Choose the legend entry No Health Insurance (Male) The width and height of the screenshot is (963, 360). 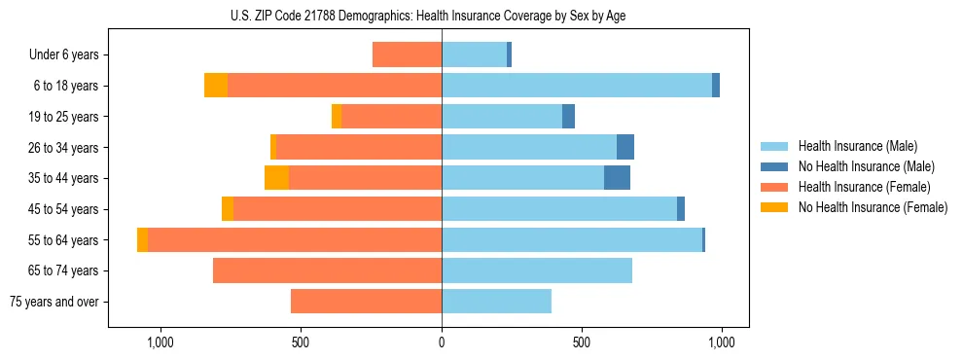866,166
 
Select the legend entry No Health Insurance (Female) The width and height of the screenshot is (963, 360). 872,207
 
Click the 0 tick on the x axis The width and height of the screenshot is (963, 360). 442,342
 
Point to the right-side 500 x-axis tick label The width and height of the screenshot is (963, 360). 581,342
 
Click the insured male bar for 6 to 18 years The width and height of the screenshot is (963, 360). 577,86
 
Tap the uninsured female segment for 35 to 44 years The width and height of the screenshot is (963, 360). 276,178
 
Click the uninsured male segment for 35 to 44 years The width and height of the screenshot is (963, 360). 617,178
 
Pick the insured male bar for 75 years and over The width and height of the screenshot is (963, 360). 496,302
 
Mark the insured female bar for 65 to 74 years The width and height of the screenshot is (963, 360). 327,270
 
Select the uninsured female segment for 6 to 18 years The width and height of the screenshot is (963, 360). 216,86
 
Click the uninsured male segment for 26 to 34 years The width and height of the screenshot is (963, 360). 625,147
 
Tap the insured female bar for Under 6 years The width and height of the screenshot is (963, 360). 407,54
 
